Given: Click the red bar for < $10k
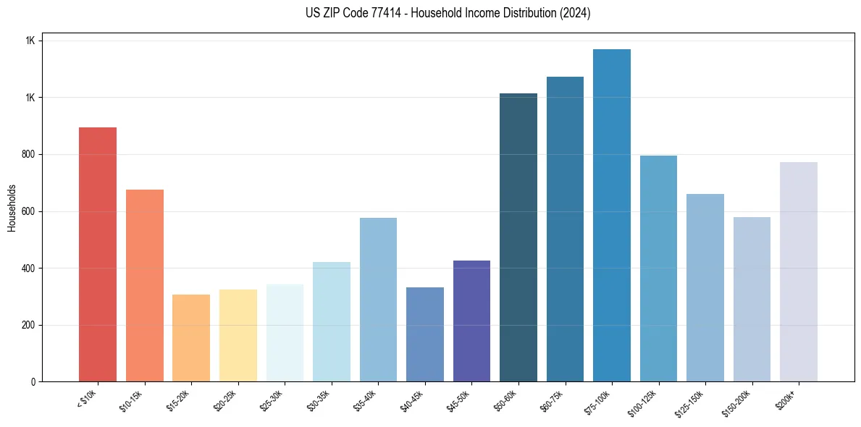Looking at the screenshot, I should [98, 254].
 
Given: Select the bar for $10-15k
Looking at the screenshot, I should [145, 285].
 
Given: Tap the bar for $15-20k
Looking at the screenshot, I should [191, 338].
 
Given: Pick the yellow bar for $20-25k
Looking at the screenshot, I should [238, 335].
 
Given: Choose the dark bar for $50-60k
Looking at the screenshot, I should [518, 237].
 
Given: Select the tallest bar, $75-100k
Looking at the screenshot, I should [612, 215].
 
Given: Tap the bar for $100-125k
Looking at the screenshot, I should [658, 269].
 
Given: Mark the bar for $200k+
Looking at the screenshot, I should [799, 271].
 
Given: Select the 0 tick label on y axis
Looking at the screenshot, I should [33, 381].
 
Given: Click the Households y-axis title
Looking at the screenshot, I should [12, 207].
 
